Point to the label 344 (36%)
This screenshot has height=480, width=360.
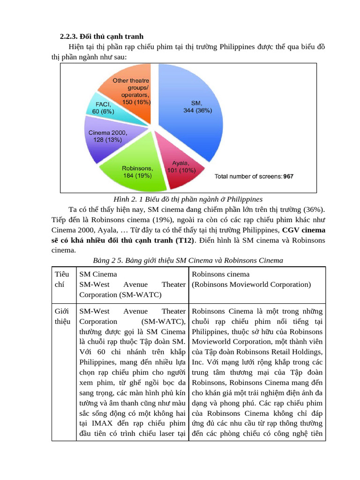pos(197,111)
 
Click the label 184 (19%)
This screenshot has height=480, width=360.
pos(136,176)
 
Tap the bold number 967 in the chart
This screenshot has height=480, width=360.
pos(288,177)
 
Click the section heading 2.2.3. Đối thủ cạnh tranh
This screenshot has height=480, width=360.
pos(102,36)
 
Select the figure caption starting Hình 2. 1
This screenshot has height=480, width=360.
pos(187,199)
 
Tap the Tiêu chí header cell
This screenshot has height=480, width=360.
pos(62,279)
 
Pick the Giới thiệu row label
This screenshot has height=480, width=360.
pos(62,316)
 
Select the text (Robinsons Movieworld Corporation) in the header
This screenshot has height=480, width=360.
pos(251,285)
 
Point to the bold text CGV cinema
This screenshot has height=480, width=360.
pos(304,230)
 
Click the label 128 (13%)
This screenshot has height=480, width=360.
pos(107,140)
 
